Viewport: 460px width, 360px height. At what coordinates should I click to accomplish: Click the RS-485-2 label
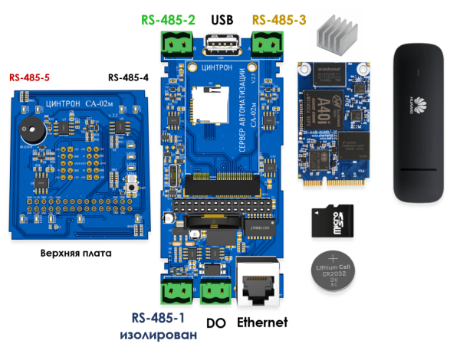click(167, 19)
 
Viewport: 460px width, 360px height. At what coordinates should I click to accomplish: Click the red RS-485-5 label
click(31, 77)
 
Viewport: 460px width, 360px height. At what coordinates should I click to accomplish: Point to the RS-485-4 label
click(129, 77)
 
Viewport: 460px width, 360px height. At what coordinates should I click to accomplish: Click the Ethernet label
click(261, 322)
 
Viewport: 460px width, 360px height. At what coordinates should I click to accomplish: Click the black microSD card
click(330, 222)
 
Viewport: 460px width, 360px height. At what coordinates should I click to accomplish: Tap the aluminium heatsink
click(338, 34)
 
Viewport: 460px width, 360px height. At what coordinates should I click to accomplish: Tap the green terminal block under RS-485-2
click(176, 47)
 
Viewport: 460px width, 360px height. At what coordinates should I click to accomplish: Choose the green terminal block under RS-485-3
click(268, 47)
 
